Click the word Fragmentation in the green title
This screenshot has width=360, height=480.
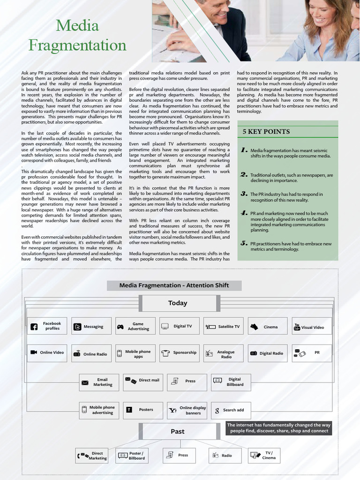pyautogui.click(x=77, y=45)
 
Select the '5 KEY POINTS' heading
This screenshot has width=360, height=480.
pyautogui.click(x=266, y=132)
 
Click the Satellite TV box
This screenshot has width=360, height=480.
pyautogui.click(x=223, y=326)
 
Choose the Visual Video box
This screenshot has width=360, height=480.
pyautogui.click(x=311, y=327)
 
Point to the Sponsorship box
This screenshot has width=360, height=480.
pyautogui.click(x=179, y=352)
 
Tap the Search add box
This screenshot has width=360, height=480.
pyautogui.click(x=231, y=410)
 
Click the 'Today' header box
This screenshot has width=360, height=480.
pyautogui.click(x=177, y=303)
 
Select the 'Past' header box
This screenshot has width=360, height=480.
pyautogui.click(x=178, y=431)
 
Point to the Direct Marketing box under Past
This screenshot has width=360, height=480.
pyautogui.click(x=92, y=456)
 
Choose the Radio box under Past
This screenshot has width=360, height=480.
pyautogui.click(x=223, y=455)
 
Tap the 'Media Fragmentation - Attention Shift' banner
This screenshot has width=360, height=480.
pyautogui.click(x=174, y=285)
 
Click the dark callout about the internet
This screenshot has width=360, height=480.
pyautogui.click(x=279, y=427)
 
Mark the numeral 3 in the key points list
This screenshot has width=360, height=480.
pyautogui.click(x=244, y=193)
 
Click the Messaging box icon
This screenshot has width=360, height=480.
pyautogui.click(x=77, y=327)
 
